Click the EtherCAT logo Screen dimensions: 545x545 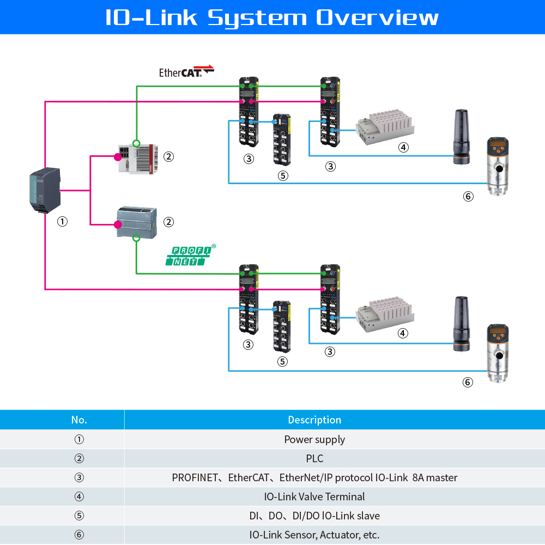(x=186, y=71)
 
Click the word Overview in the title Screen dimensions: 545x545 (x=377, y=17)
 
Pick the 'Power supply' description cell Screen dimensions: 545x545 (x=314, y=439)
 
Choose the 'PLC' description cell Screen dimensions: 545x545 (x=314, y=458)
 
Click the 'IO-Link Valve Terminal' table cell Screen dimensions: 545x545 (x=314, y=496)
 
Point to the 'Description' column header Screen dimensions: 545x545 (x=314, y=420)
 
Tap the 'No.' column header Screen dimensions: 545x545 (x=79, y=420)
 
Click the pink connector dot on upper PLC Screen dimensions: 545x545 (x=117, y=157)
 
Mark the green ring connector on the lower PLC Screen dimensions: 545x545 (x=136, y=238)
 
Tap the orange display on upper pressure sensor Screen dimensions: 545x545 (x=497, y=146)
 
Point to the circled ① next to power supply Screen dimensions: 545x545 (x=63, y=222)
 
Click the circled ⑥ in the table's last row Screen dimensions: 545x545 (x=79, y=535)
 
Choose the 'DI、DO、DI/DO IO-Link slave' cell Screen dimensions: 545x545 (x=314, y=516)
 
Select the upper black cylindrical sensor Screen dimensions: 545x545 (x=462, y=136)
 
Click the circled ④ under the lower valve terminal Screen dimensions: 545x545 (x=403, y=333)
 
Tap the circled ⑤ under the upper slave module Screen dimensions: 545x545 (x=282, y=175)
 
